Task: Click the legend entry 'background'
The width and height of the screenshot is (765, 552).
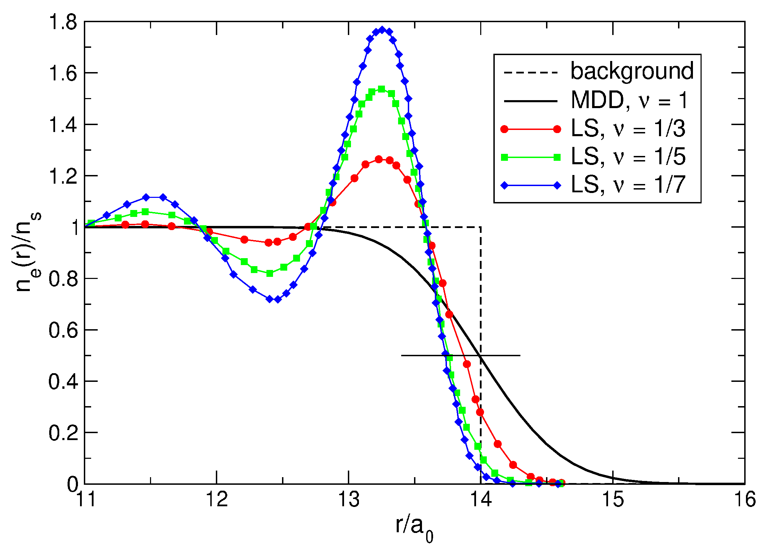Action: [x=632, y=71]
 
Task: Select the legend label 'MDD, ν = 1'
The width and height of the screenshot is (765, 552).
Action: [x=629, y=100]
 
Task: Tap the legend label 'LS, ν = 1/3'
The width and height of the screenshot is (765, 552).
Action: [x=628, y=129]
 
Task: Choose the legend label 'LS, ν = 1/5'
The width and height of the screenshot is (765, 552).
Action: [x=628, y=157]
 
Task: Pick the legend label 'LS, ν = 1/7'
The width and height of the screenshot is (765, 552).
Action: [x=628, y=185]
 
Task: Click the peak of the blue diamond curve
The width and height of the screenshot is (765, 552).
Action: [x=382, y=30]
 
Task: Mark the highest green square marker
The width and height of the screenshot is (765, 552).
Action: [x=381, y=89]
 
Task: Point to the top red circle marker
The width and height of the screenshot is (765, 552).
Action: [x=379, y=159]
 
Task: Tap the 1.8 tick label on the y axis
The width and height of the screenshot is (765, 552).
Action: [x=62, y=23]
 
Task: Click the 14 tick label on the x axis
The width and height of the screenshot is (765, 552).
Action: [x=481, y=500]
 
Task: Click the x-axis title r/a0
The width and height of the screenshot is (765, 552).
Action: [x=414, y=528]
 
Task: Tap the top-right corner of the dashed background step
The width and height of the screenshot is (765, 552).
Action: [x=480, y=227]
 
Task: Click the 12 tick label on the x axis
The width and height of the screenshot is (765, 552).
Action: [x=217, y=500]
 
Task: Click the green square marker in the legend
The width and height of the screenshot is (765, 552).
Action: [x=504, y=157]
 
